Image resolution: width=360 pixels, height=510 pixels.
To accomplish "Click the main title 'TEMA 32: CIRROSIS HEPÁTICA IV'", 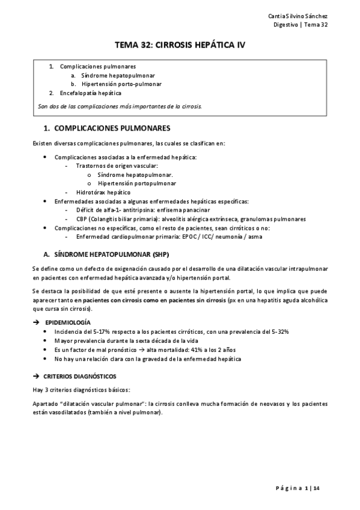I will tap(180, 45).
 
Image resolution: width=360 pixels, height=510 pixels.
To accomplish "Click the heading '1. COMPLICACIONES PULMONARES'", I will tap(108, 128).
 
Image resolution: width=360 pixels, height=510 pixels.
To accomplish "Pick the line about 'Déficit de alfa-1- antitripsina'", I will tap(142, 210).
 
